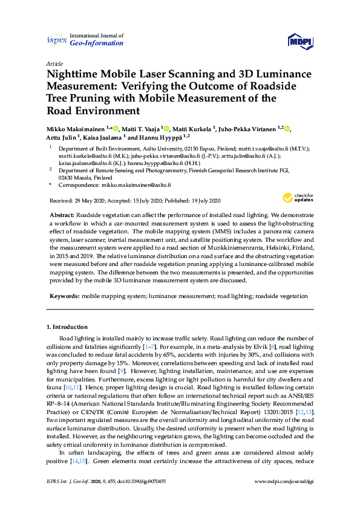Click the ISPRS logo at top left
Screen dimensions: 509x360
57,40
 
